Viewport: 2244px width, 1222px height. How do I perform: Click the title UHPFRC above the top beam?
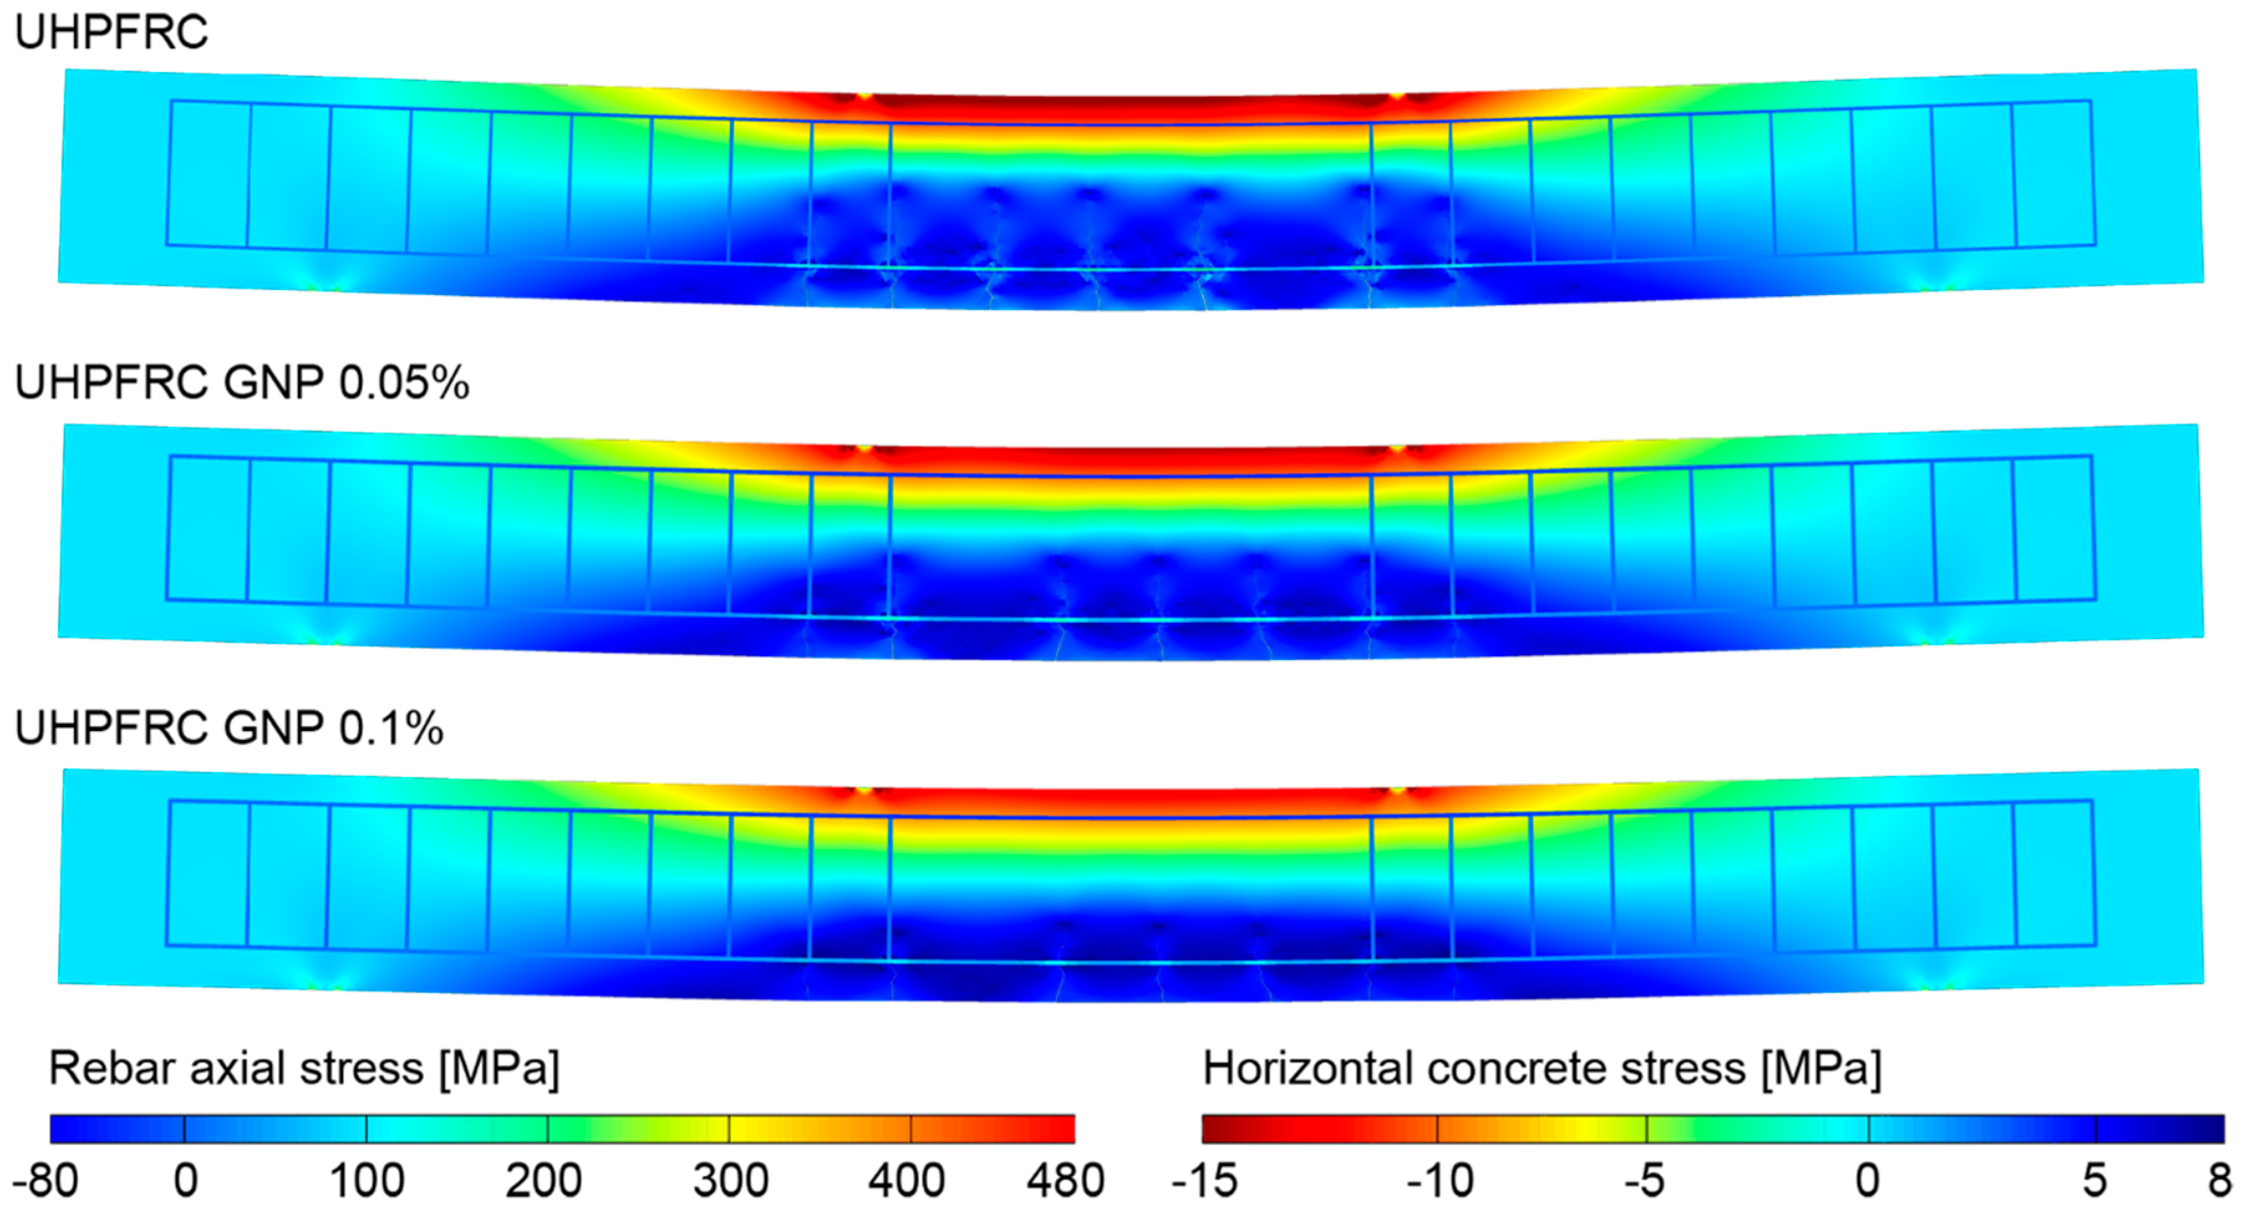point(111,33)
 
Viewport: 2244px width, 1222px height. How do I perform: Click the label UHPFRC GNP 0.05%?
point(242,383)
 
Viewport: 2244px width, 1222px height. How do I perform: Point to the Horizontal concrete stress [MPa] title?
point(1542,1069)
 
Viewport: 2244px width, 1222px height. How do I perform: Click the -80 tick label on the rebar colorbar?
point(45,1181)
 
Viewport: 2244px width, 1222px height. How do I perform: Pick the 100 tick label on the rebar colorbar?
point(366,1181)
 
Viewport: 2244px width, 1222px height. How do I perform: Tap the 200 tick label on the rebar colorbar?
point(544,1181)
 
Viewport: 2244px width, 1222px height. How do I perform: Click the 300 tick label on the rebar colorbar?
point(730,1181)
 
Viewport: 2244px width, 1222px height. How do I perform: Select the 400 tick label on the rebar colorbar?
point(907,1181)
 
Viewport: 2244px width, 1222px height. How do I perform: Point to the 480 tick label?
point(1065,1181)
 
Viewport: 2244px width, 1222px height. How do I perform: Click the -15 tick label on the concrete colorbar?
point(1205,1181)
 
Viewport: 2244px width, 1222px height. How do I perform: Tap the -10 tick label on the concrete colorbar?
point(1440,1181)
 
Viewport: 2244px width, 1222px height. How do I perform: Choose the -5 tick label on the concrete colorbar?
point(1644,1181)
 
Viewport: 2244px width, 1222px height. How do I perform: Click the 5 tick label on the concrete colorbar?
point(2094,1181)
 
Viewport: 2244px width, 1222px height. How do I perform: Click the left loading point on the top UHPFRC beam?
point(863,96)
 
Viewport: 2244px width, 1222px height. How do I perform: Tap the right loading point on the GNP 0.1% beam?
point(1396,791)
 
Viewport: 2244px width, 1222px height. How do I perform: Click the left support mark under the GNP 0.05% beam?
point(324,640)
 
